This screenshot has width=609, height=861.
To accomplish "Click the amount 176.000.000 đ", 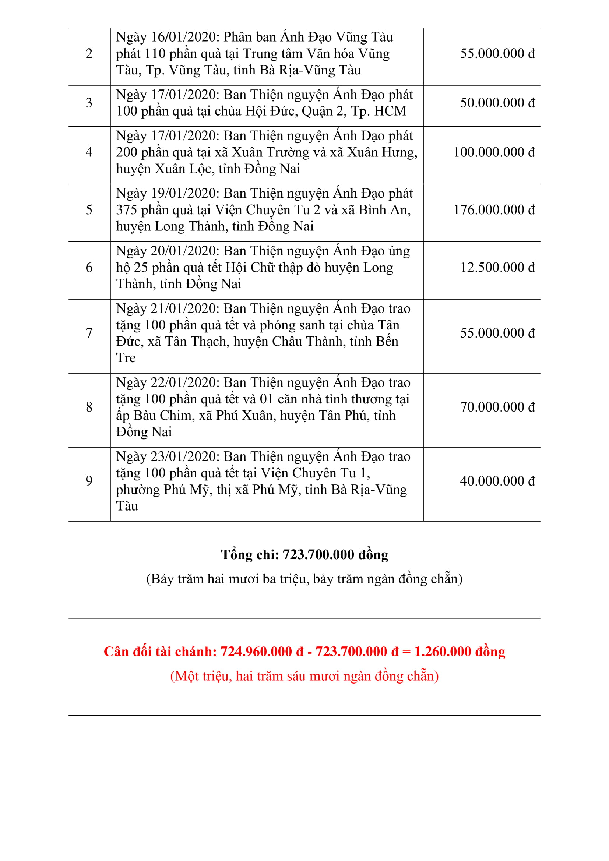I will pos(494,210).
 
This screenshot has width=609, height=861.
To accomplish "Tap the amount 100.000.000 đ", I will pos(494,152).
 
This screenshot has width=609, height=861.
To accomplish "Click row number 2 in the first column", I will pos(89,54).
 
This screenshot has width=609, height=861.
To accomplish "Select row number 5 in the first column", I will pos(89,210).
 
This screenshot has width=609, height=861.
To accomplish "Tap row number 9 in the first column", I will pos(89,481).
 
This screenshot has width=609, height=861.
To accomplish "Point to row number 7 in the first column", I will pos(89,333).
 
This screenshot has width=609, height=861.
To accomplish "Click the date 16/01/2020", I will pos(183,38).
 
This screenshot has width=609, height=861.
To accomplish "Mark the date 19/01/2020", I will pos(183,194).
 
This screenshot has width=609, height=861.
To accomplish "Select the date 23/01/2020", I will pos(183,457).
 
